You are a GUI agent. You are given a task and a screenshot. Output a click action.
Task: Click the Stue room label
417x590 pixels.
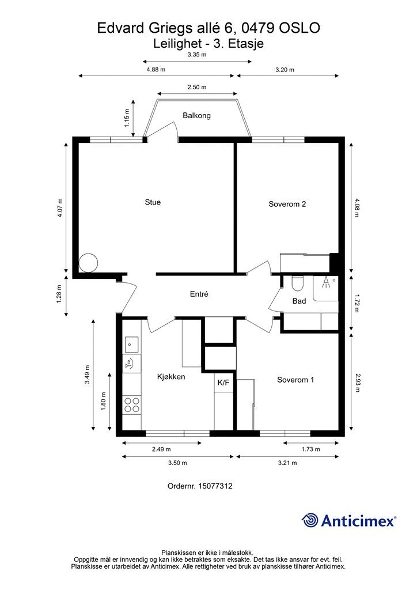(x=153, y=202)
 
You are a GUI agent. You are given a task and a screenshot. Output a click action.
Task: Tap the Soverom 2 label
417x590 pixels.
(x=287, y=204)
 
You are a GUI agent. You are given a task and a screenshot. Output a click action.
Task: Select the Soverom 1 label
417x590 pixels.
(x=295, y=380)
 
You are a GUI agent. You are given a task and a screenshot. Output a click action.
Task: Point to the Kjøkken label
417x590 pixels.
(x=171, y=377)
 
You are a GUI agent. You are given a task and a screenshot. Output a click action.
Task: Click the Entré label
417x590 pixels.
(x=199, y=294)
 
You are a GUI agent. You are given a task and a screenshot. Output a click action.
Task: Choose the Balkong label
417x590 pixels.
(x=196, y=115)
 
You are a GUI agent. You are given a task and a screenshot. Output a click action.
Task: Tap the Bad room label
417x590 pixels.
(x=299, y=301)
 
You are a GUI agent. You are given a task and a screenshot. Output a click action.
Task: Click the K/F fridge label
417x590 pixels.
(x=223, y=382)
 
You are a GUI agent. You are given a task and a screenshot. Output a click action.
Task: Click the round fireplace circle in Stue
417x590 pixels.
(x=89, y=263)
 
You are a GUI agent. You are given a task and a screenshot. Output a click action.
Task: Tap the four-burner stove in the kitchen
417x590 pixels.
(x=132, y=404)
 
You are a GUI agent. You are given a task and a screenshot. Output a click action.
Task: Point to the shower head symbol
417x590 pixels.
(x=327, y=282)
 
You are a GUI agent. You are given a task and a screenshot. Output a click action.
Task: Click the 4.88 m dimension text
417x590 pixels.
(x=156, y=69)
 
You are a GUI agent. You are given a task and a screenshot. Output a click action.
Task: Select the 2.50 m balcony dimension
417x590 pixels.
(x=197, y=87)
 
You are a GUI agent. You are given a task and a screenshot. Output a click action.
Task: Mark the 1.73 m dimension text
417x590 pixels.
(x=310, y=449)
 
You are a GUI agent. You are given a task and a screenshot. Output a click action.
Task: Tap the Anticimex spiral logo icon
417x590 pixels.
(x=310, y=520)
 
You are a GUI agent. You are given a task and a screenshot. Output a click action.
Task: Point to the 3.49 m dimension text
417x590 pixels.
(x=87, y=375)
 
